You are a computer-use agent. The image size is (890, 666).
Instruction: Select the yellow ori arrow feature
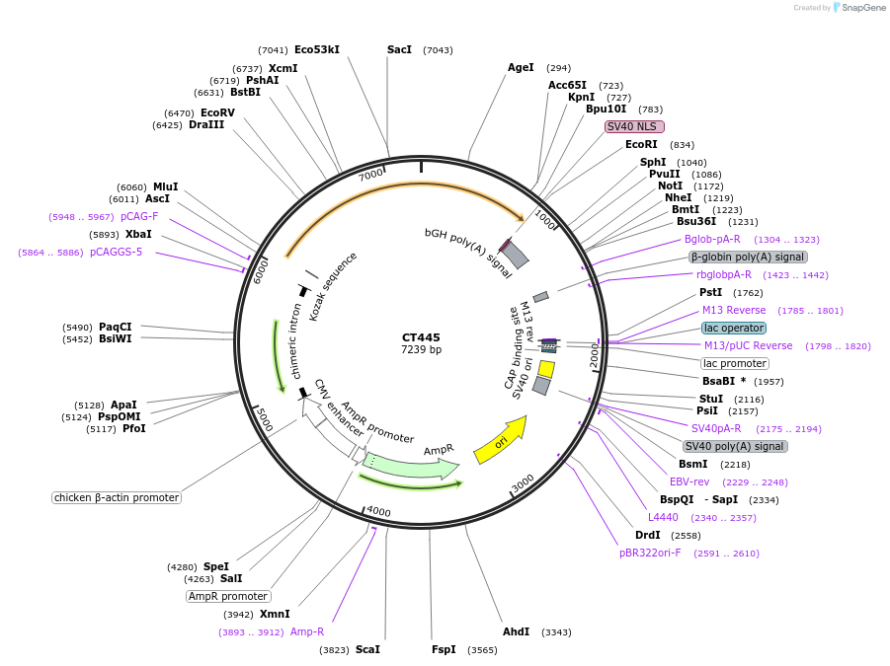(x=500, y=441)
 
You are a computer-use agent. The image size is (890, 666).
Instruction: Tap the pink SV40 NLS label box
(x=634, y=126)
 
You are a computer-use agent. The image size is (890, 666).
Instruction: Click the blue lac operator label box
(x=733, y=328)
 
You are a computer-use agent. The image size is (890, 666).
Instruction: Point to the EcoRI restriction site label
(x=641, y=145)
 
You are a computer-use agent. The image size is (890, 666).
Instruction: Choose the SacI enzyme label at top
(x=399, y=49)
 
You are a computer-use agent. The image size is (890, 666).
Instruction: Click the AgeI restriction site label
(x=521, y=68)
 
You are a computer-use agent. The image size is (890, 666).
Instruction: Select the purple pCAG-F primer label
(x=139, y=216)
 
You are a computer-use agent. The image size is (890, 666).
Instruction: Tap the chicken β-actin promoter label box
(x=117, y=497)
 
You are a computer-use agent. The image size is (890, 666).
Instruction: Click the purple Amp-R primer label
(x=307, y=631)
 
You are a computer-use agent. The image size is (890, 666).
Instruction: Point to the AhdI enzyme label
(x=516, y=631)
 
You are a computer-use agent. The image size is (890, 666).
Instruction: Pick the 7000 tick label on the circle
(x=370, y=175)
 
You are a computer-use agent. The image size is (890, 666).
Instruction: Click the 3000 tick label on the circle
(x=523, y=482)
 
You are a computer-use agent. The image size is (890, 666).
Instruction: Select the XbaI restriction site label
(x=138, y=234)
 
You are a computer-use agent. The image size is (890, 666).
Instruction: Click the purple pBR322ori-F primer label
(x=650, y=553)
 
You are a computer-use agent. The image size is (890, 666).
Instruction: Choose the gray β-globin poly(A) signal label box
(x=747, y=257)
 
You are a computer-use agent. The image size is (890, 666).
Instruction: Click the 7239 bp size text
(x=421, y=350)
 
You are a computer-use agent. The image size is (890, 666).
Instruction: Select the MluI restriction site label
(x=165, y=186)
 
